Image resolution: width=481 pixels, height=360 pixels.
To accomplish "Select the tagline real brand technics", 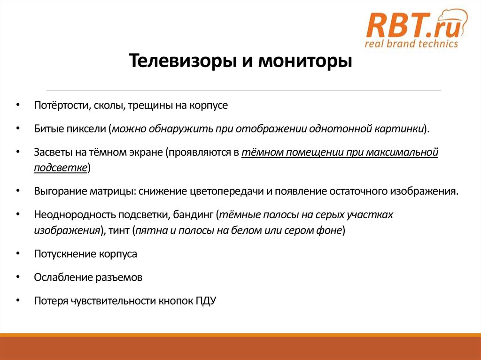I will (411, 44).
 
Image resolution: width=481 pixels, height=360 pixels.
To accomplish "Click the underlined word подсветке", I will (60, 168).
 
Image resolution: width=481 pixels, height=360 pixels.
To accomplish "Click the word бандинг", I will (194, 215).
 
